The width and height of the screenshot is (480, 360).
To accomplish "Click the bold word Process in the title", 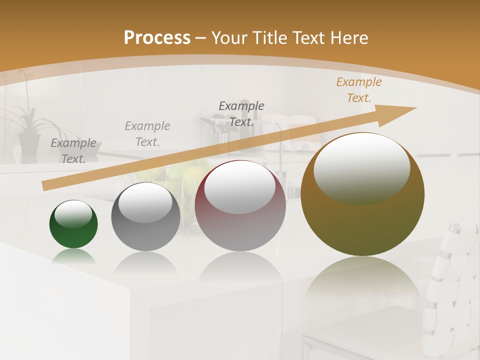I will [157, 38].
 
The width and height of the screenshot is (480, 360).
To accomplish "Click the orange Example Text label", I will [358, 90].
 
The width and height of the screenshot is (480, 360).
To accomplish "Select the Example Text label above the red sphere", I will [241, 113].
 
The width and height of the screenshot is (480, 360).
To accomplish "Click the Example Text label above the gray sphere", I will [147, 133].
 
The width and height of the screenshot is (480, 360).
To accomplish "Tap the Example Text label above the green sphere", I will [73, 150].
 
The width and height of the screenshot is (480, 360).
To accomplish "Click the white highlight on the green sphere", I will [73, 214].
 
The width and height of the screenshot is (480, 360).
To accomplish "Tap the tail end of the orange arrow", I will [46, 185].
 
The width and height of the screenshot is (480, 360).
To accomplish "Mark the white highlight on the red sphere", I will [239, 187].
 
